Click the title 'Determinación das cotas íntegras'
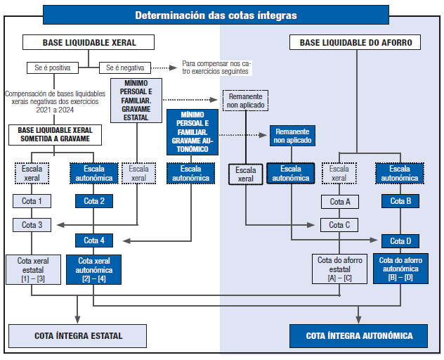tap(216, 15)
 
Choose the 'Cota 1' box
tap(31, 202)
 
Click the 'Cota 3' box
tap(31, 225)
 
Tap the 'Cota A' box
tap(339, 202)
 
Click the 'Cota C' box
tap(339, 225)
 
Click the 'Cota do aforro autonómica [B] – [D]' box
tap(399, 269)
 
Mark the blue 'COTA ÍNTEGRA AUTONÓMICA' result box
tap(359, 335)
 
